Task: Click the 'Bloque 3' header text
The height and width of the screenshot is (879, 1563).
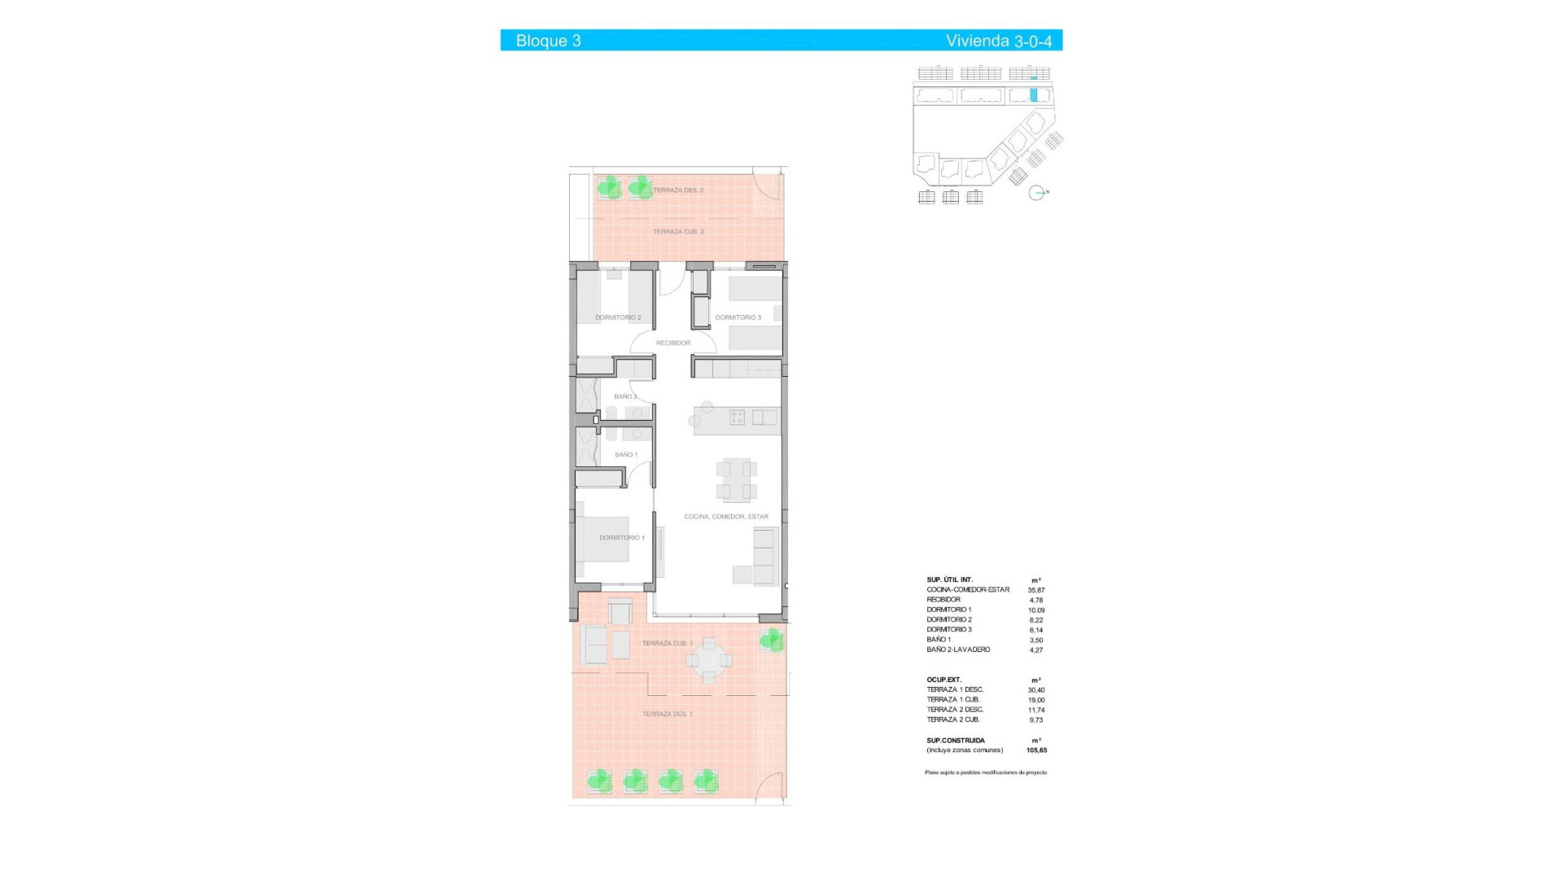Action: tap(548, 41)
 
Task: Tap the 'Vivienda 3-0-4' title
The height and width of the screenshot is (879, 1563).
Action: tap(998, 41)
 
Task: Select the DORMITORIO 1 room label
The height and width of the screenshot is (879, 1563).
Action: tap(622, 538)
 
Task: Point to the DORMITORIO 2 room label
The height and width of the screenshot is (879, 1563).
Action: tap(618, 317)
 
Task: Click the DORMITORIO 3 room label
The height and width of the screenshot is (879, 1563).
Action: tap(738, 317)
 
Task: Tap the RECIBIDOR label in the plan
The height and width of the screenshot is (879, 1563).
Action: tap(673, 343)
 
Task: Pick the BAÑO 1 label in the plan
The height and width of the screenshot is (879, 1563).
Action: tap(626, 455)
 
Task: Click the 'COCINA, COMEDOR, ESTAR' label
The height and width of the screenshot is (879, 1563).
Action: tap(726, 517)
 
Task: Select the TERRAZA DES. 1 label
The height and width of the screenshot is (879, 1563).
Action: tap(668, 715)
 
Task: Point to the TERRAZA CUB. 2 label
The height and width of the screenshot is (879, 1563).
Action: tap(678, 232)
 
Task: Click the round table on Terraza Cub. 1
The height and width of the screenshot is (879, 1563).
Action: tap(709, 659)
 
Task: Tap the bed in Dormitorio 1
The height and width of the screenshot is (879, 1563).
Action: tap(604, 539)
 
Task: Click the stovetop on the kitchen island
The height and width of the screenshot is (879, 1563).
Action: tap(737, 418)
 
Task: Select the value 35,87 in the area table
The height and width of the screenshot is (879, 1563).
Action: tap(1035, 590)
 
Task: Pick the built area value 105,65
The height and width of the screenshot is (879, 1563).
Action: tap(1036, 750)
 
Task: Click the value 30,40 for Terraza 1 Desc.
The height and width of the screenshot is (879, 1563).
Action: tap(1035, 690)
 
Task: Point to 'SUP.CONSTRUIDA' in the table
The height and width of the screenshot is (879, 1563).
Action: tap(955, 741)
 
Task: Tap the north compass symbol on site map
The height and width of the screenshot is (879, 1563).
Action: tap(1036, 193)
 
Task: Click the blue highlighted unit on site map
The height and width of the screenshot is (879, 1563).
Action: tap(1034, 94)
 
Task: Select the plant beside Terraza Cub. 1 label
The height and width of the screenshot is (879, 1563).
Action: tap(771, 641)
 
